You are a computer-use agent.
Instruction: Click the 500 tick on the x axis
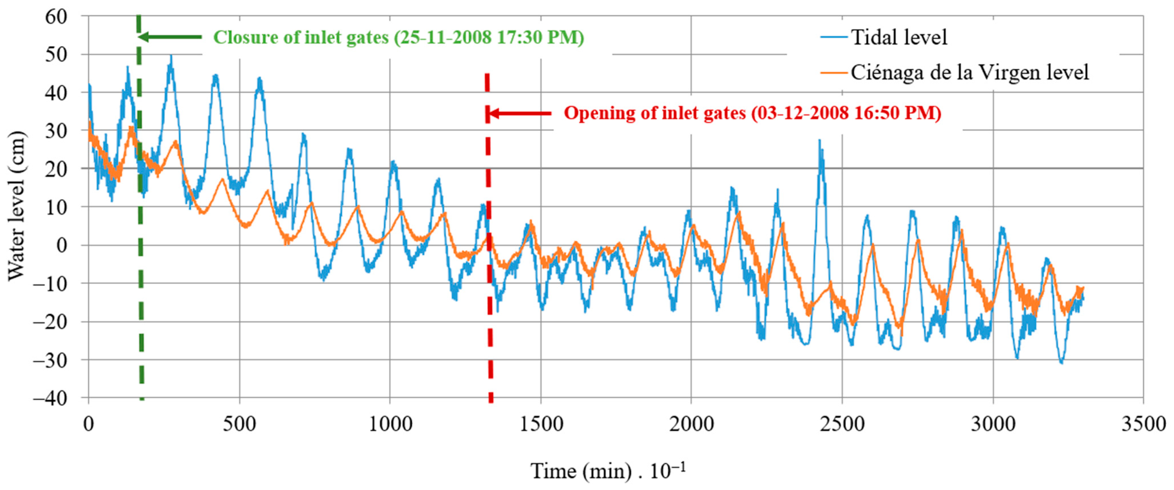tap(239, 424)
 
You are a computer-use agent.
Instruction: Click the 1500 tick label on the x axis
tap(541, 424)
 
